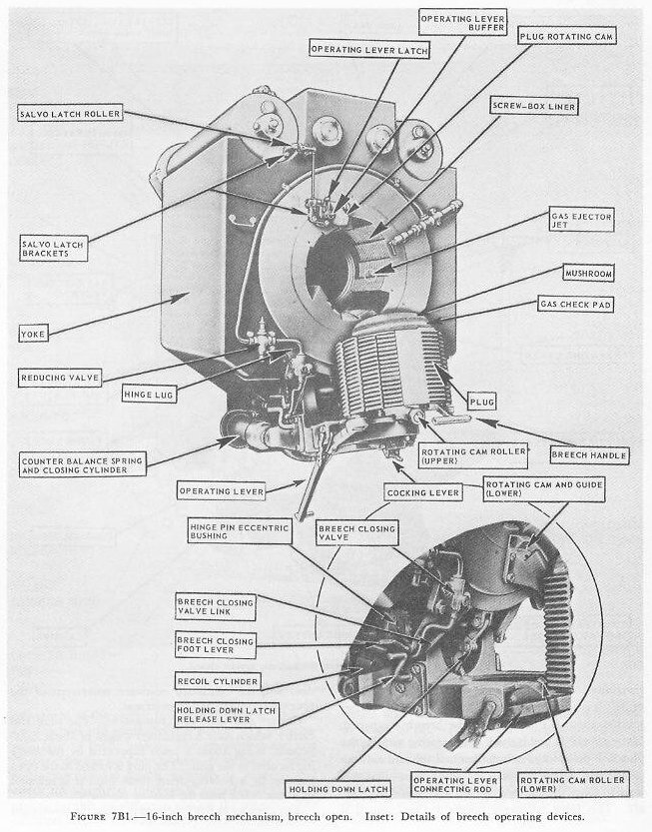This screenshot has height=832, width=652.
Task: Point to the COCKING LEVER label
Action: (432, 492)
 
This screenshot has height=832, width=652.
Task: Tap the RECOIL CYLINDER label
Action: (217, 682)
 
